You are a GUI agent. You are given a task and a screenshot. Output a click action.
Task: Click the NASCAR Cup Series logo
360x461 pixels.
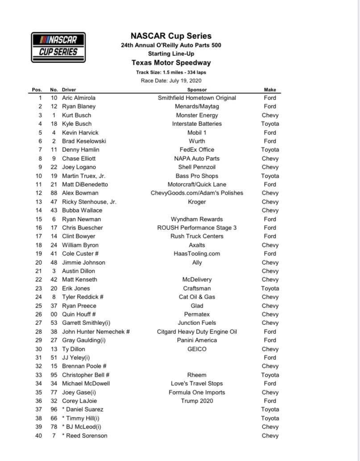tap(58, 47)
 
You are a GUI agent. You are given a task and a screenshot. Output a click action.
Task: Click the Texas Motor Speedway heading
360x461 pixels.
tap(171, 63)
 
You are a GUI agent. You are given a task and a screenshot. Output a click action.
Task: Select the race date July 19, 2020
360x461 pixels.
tap(171, 81)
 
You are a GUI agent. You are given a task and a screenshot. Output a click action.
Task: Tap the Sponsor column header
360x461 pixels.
tap(197, 90)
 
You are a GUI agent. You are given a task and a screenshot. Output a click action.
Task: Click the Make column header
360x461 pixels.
tap(270, 90)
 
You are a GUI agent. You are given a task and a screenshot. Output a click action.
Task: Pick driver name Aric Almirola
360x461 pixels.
tap(79, 98)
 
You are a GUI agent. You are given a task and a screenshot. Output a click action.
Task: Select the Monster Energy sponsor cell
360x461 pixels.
tap(197, 115)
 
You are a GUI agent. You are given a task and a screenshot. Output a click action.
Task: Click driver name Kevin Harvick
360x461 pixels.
tap(80, 133)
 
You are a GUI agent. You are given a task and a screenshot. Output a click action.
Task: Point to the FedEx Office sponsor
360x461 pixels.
tap(197, 150)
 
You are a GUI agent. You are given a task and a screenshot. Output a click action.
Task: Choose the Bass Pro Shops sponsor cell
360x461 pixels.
tap(197, 176)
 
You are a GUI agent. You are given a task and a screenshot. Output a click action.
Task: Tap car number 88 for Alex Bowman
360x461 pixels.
tap(54, 193)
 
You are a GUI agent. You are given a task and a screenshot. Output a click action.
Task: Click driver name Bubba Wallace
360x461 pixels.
tap(82, 210)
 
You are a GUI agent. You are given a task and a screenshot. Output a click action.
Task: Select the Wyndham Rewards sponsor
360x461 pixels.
tap(197, 219)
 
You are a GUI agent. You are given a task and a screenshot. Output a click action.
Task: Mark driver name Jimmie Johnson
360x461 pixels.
tap(83, 262)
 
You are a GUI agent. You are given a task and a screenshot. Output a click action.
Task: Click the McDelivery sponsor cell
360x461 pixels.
tap(197, 279)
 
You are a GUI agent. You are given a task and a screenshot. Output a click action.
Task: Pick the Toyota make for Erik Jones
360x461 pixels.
tap(270, 288)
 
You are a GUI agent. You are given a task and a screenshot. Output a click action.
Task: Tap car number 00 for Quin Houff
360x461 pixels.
tap(54, 314)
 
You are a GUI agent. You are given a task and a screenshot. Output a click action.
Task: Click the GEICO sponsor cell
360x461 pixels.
tap(197, 349)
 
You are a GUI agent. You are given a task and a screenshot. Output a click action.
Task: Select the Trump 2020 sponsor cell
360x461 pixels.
tap(197, 401)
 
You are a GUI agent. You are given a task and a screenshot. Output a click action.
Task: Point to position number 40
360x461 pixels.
tap(38, 436)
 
